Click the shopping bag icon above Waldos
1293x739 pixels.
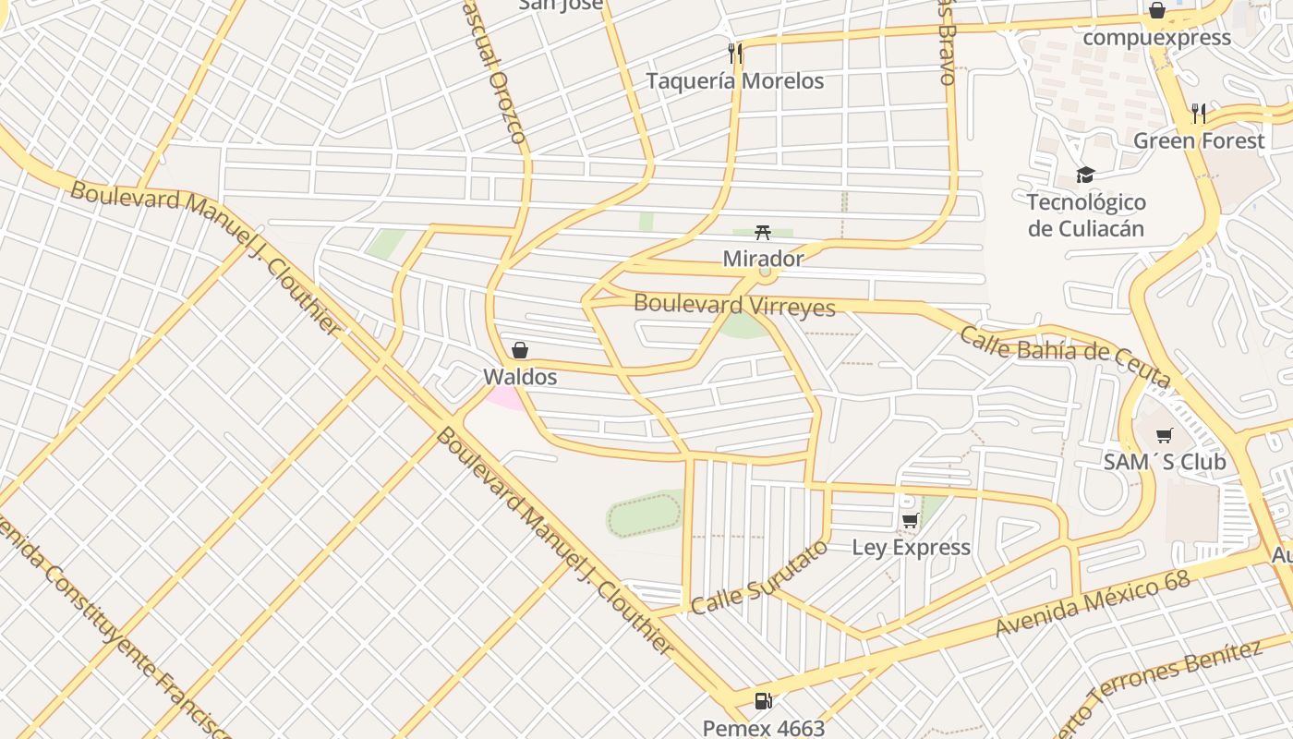pyautogui.click(x=520, y=350)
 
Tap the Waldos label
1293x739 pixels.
pyautogui.click(x=520, y=377)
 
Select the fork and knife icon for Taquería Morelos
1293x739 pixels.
pyautogui.click(x=735, y=54)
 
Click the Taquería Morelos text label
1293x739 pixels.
pyautogui.click(x=734, y=81)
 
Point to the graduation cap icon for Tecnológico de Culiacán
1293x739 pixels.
pyautogui.click(x=1085, y=176)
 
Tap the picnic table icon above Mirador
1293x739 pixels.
pyautogui.click(x=763, y=232)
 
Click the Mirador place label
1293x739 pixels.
pyautogui.click(x=763, y=259)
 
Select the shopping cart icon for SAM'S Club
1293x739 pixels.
pyautogui.click(x=1165, y=435)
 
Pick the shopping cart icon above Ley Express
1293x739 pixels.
pyautogui.click(x=911, y=521)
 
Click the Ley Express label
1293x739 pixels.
pyautogui.click(x=911, y=548)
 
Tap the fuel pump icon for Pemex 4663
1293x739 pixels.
pyautogui.click(x=763, y=701)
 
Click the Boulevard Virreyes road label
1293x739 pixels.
pyautogui.click(x=734, y=305)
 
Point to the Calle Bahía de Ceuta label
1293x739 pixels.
pyautogui.click(x=1065, y=357)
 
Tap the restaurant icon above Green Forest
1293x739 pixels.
pyautogui.click(x=1199, y=114)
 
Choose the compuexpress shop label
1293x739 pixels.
pyautogui.click(x=1156, y=38)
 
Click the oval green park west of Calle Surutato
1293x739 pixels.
pyautogui.click(x=645, y=515)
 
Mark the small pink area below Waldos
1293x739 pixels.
pyautogui.click(x=506, y=397)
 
